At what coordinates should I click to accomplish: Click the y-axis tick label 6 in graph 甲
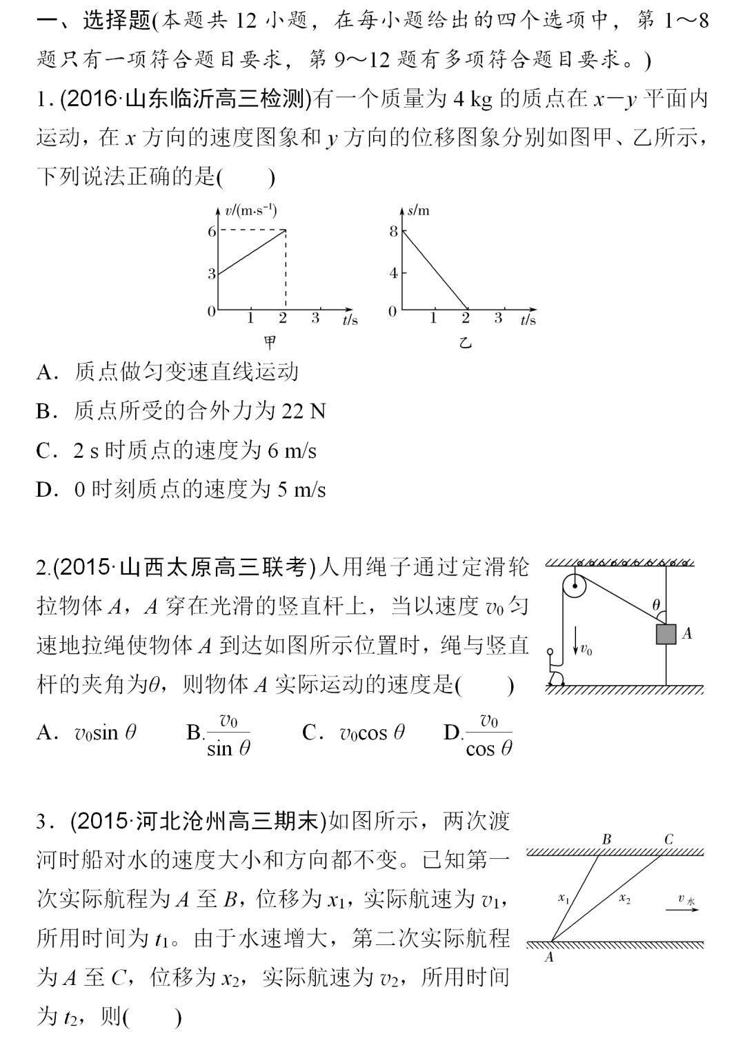(212, 231)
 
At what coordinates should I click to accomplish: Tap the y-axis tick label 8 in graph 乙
(393, 231)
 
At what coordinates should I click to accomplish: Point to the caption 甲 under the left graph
(270, 341)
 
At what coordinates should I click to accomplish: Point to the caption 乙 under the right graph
(466, 341)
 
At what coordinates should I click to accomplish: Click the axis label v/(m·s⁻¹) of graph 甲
(246, 210)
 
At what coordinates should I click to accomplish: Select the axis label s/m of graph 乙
(418, 210)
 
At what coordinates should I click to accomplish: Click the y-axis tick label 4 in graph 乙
(393, 273)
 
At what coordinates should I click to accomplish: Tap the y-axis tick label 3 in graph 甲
(212, 274)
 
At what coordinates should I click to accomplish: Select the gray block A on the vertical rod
(666, 634)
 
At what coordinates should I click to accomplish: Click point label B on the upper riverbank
(606, 839)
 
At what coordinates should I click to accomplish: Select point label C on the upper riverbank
(668, 839)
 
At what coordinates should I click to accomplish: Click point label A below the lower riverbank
(550, 957)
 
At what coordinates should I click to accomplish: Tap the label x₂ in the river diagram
(624, 898)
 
